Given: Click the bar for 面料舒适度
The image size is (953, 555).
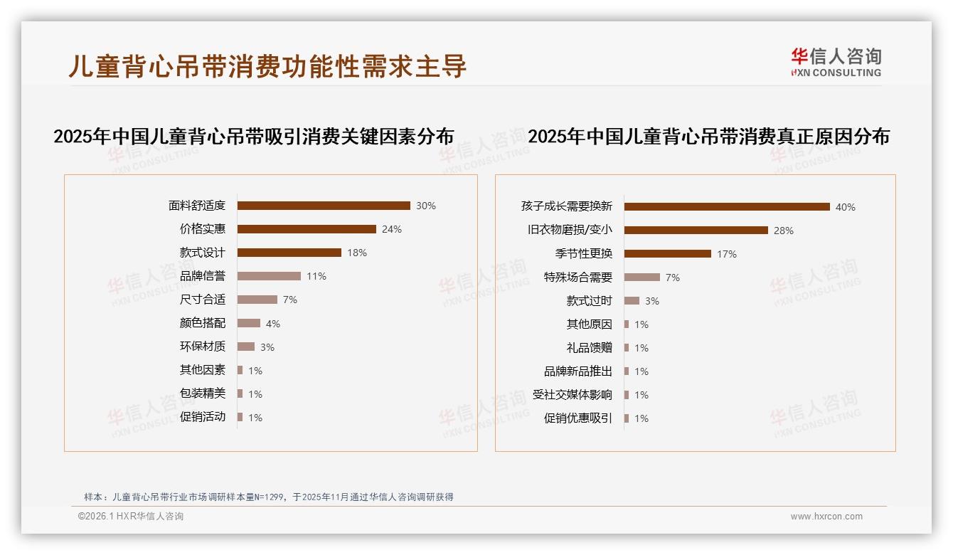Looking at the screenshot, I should pos(324,206).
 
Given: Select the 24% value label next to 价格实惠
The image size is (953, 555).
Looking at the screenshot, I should pos(392,229).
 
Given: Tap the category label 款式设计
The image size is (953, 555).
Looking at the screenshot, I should pos(202,253).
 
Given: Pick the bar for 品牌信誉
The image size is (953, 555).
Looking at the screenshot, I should pos(269,276).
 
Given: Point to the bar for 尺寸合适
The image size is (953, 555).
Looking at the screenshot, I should pos(257,300).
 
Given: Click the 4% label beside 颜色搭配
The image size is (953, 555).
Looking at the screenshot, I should pos(273,324).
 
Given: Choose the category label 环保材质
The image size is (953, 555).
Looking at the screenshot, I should pos(202,347).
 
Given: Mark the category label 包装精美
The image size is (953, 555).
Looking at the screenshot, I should pos(202,393).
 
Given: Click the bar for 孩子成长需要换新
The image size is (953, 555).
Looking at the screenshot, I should pos(727,207).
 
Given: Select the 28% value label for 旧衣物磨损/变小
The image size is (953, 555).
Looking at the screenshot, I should pos(784,231).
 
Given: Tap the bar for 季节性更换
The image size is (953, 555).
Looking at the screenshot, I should pos(668,254).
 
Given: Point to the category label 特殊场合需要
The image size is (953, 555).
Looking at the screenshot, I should pos(577,277).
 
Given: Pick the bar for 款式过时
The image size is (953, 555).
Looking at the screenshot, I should pos(632,301).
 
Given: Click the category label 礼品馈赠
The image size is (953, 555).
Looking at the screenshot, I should pos(589,348).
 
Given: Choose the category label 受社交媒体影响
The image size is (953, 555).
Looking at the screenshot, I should pos(572,395).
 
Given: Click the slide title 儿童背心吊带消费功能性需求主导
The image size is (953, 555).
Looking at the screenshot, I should pos(267,65).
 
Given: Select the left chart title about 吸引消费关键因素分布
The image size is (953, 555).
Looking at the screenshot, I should pos(253,137).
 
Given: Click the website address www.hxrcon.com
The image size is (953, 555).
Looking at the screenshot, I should pos(826,517).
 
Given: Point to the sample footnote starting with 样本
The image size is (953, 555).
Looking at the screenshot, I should pos(268,497).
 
